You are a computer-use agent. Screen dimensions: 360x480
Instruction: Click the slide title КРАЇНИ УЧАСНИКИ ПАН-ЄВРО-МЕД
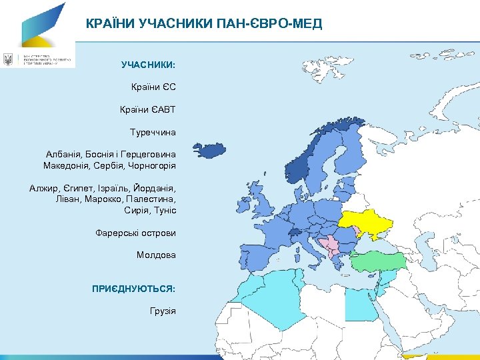click(204, 25)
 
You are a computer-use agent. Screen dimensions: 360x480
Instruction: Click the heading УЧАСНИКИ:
click(148, 65)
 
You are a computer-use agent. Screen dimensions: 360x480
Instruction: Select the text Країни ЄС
click(153, 87)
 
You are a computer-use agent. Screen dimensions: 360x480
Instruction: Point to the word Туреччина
click(153, 132)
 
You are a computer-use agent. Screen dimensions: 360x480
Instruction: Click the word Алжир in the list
click(43, 189)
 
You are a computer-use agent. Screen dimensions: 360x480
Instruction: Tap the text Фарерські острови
click(136, 233)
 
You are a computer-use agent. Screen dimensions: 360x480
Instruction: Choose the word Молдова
click(156, 255)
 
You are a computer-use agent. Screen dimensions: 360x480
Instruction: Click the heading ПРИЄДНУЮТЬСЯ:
click(134, 289)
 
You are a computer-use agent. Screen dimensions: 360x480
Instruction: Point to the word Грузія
click(163, 311)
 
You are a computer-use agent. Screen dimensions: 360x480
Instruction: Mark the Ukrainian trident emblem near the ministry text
click(8, 59)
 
